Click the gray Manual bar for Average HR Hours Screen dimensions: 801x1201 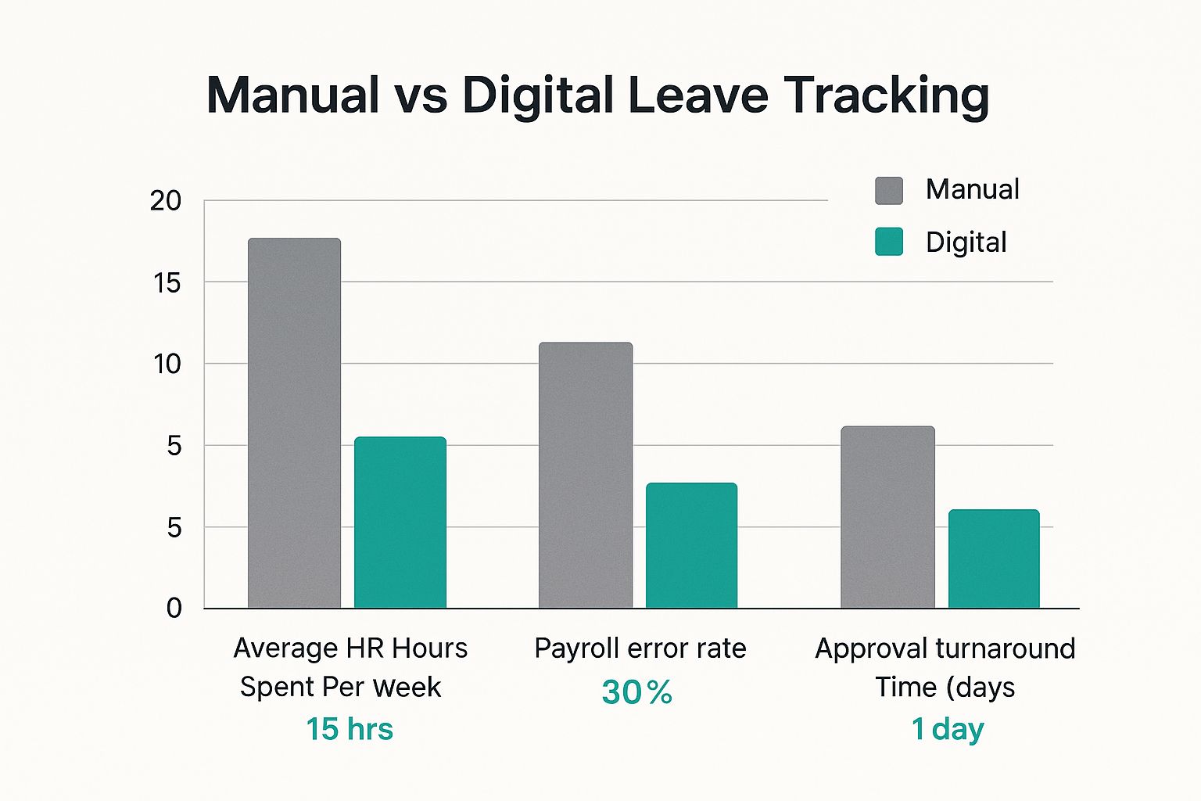[x=294, y=423]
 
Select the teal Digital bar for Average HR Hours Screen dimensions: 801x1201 [x=400, y=523]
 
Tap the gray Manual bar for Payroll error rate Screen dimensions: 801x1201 [x=586, y=475]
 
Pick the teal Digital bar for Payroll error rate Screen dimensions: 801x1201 [x=691, y=545]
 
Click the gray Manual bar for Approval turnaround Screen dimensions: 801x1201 [x=887, y=517]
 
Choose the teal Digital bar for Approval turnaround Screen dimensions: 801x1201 [x=994, y=559]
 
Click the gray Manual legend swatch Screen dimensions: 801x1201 [x=889, y=191]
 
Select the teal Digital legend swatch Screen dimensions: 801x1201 [x=889, y=242]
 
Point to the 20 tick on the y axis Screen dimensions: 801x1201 [x=166, y=201]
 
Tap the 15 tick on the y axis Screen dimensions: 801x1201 [x=167, y=283]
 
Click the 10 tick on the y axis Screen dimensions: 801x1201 [x=167, y=364]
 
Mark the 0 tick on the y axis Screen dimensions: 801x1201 [x=174, y=609]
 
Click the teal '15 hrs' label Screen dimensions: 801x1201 [x=350, y=729]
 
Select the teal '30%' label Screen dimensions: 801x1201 [x=637, y=691]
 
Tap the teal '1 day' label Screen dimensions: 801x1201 [x=948, y=729]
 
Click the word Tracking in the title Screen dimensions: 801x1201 [x=887, y=95]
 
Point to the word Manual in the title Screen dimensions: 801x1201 [x=293, y=95]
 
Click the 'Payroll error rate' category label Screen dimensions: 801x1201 [x=640, y=648]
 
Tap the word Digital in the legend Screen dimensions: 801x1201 [x=966, y=242]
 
